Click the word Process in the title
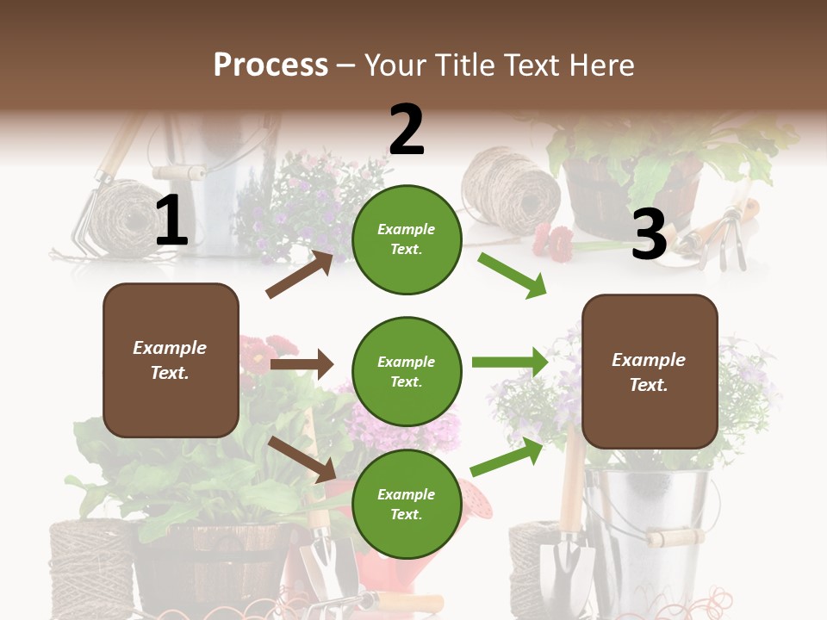(270, 65)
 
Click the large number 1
(171, 220)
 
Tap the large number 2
(407, 130)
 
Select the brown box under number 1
(171, 360)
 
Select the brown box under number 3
(650, 371)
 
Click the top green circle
(407, 239)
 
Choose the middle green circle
(407, 371)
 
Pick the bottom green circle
(407, 504)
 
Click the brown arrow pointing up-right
(300, 274)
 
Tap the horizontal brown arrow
(302, 364)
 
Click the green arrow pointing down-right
(513, 275)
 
